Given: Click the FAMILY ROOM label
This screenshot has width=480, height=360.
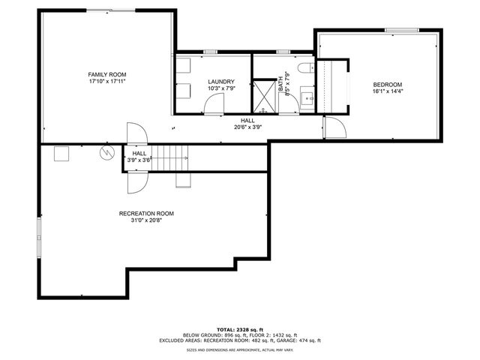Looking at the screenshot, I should coord(107,75).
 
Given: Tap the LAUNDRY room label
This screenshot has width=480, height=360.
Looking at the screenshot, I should coord(221,82).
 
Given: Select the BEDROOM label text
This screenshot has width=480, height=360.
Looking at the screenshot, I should coord(388,84).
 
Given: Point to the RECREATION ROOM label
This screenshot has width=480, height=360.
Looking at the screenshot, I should coord(146,214).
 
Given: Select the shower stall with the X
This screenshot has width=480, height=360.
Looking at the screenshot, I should coord(264,95).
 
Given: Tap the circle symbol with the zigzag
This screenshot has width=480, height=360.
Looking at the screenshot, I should coord(106,152).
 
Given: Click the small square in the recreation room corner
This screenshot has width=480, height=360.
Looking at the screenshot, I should coord(61,153).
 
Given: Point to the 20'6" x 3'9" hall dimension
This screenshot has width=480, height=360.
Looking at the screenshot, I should coord(247,127).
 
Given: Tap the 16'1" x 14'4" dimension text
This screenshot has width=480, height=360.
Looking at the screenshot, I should coord(388,91).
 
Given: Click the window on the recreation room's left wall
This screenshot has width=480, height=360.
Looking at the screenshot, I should coord(38,239).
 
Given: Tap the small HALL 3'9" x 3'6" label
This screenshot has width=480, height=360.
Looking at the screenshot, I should coord(139,156).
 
